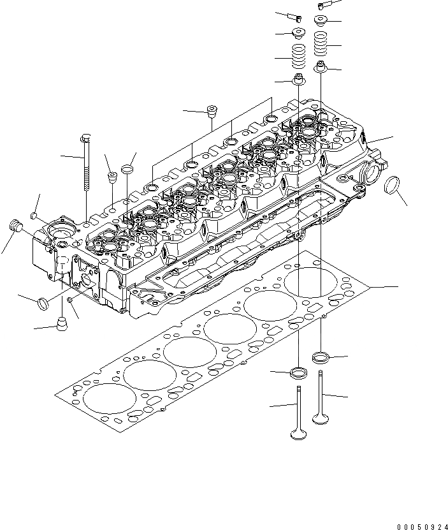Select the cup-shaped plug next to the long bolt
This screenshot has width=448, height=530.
[x=111, y=177]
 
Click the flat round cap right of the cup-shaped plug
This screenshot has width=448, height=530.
[x=127, y=170]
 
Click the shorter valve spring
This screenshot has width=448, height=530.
[x=298, y=59]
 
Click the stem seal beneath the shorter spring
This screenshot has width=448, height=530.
[x=298, y=80]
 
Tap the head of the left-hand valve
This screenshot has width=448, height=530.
[x=297, y=435]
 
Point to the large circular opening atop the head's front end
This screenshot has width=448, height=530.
[x=66, y=232]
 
